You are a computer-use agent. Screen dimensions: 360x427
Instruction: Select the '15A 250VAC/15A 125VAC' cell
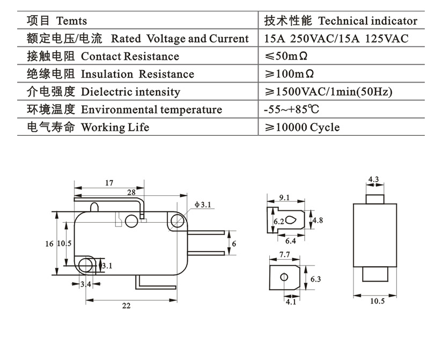pos(336,39)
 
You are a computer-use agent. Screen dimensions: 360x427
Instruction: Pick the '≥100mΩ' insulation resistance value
pos(289,74)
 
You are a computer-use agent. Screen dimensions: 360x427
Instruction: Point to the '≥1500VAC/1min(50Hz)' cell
pos(328,92)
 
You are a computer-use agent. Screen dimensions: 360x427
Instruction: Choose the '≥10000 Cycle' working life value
pos(302,127)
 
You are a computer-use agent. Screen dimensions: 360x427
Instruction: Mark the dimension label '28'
pos(131,192)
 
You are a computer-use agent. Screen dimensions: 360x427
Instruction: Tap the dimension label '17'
pos(109,183)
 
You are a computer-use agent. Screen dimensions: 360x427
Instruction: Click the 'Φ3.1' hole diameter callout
pos(203,204)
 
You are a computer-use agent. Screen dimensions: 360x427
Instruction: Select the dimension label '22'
pos(126,306)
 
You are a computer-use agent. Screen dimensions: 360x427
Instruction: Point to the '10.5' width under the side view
pos(377,301)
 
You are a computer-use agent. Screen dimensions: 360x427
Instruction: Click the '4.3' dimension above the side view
pos(374,179)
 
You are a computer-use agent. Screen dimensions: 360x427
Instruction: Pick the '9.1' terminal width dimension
pos(284,197)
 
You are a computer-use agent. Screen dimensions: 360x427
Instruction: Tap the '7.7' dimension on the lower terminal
pos(284,254)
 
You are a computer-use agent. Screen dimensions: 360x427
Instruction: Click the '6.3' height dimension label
pos(315,279)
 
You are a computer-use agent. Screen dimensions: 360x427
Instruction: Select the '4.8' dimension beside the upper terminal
pos(317,221)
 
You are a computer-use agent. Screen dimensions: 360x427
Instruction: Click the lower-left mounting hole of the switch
pos(85,264)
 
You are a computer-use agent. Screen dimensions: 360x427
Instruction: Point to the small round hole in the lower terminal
pos(284,277)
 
